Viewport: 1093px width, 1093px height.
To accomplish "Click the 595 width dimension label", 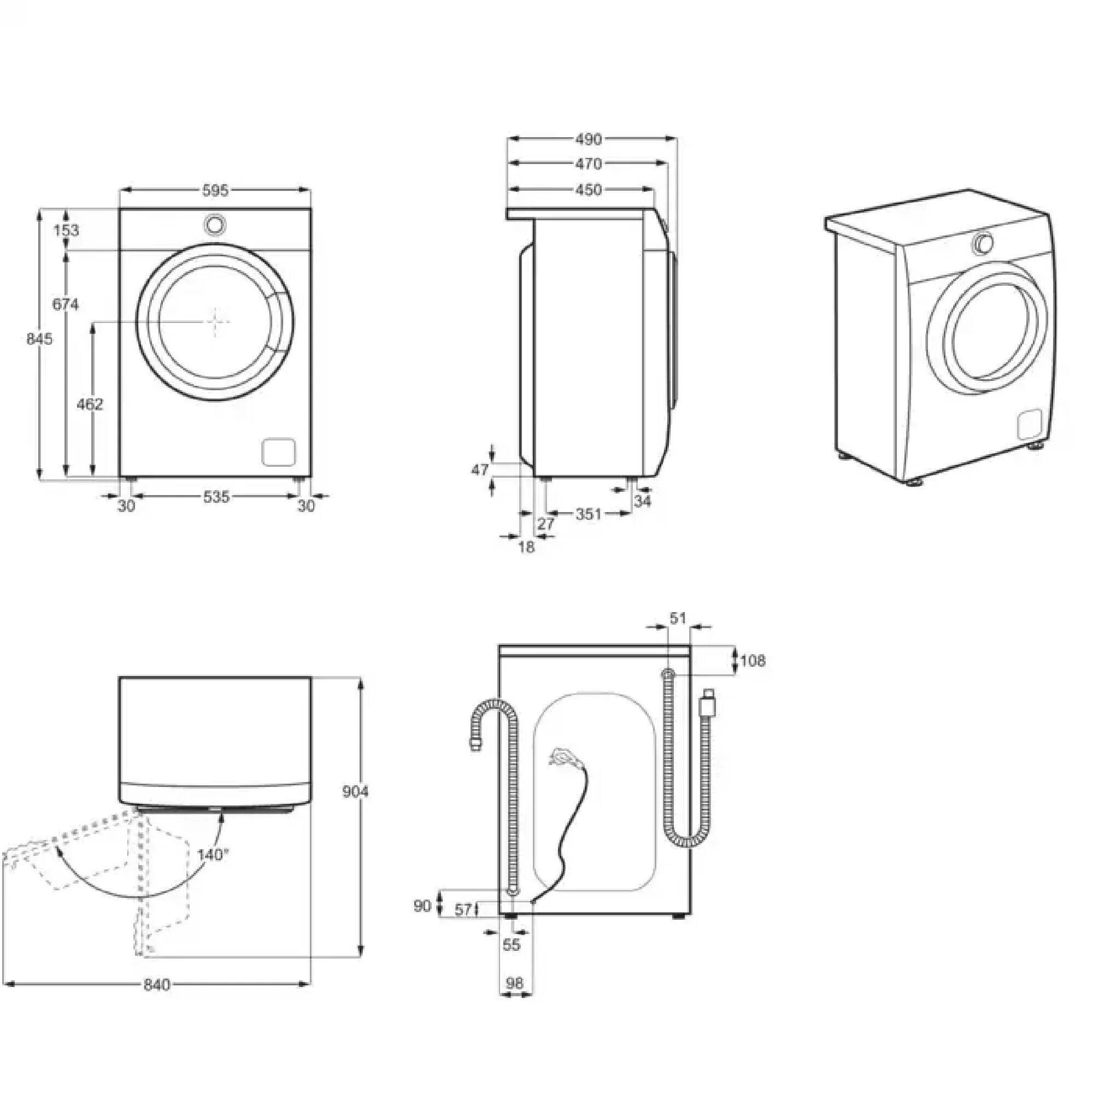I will pos(215,191).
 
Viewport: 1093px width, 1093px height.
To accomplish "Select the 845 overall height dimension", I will pos(39,339).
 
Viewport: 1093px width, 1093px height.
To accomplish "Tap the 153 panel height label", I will pos(67,230).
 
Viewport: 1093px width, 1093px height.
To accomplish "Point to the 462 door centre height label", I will pos(90,404).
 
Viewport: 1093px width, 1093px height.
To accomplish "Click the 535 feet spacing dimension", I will pos(216,497).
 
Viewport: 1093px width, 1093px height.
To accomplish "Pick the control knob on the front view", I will pos(215,224).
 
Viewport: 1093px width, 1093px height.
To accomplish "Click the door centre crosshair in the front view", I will pos(215,321).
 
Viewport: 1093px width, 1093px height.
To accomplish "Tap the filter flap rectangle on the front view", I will pos(279,452).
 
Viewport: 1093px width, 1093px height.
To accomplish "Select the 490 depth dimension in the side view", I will pos(589,139).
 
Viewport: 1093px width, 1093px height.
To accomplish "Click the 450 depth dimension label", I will pos(589,190).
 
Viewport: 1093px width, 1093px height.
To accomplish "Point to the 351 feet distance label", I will pos(589,514).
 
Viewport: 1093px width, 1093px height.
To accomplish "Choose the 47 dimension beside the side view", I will pos(480,469).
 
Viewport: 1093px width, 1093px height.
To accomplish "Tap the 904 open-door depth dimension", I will pos(355,791).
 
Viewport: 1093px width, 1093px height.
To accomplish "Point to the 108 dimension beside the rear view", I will pos(753,660).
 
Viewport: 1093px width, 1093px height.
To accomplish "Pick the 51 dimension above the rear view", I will pos(677,618).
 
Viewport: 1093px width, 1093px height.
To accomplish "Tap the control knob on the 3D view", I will pos(983,243).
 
